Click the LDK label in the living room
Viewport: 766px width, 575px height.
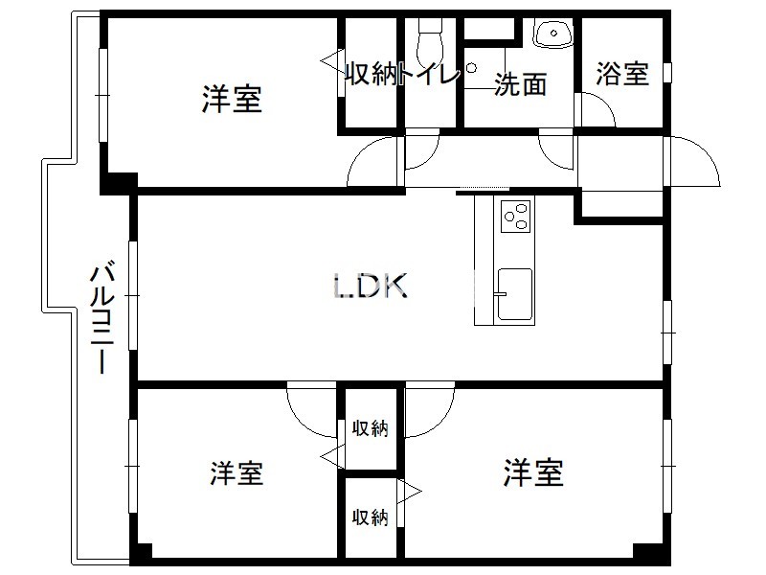point(370,286)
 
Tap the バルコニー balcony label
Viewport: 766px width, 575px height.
point(102,318)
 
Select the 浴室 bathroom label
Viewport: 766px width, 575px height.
point(622,75)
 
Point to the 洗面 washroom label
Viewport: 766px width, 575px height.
point(520,84)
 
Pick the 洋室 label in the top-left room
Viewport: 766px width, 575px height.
point(232,99)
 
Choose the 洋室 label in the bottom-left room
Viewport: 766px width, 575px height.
point(237,472)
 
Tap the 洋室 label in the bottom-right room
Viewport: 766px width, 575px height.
point(533,472)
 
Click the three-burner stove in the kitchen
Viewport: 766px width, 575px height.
point(515,217)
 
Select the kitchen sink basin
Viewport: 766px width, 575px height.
point(515,294)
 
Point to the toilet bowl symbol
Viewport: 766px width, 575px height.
point(429,41)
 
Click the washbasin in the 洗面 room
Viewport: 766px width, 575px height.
point(553,34)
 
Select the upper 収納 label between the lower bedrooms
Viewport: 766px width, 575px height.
point(371,427)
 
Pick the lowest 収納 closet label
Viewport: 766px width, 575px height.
point(371,517)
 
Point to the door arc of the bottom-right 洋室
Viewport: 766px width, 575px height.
point(439,422)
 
